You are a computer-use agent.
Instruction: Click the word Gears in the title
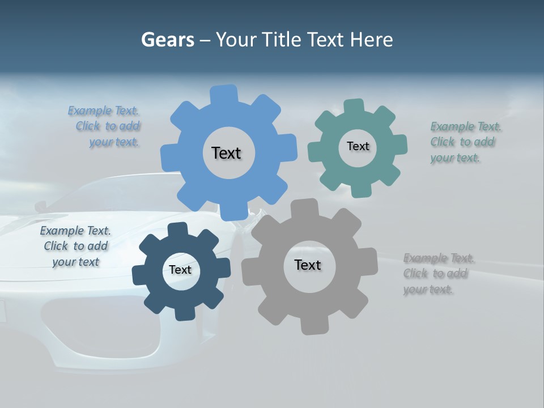pyautogui.click(x=167, y=40)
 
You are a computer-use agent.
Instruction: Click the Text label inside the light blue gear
pyautogui.click(x=226, y=153)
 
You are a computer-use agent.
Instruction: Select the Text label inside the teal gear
pyautogui.click(x=358, y=146)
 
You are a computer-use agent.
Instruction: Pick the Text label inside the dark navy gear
pyautogui.click(x=180, y=270)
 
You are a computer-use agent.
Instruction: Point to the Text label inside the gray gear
pyautogui.click(x=308, y=265)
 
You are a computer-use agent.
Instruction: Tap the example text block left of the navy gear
pyautogui.click(x=76, y=246)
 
